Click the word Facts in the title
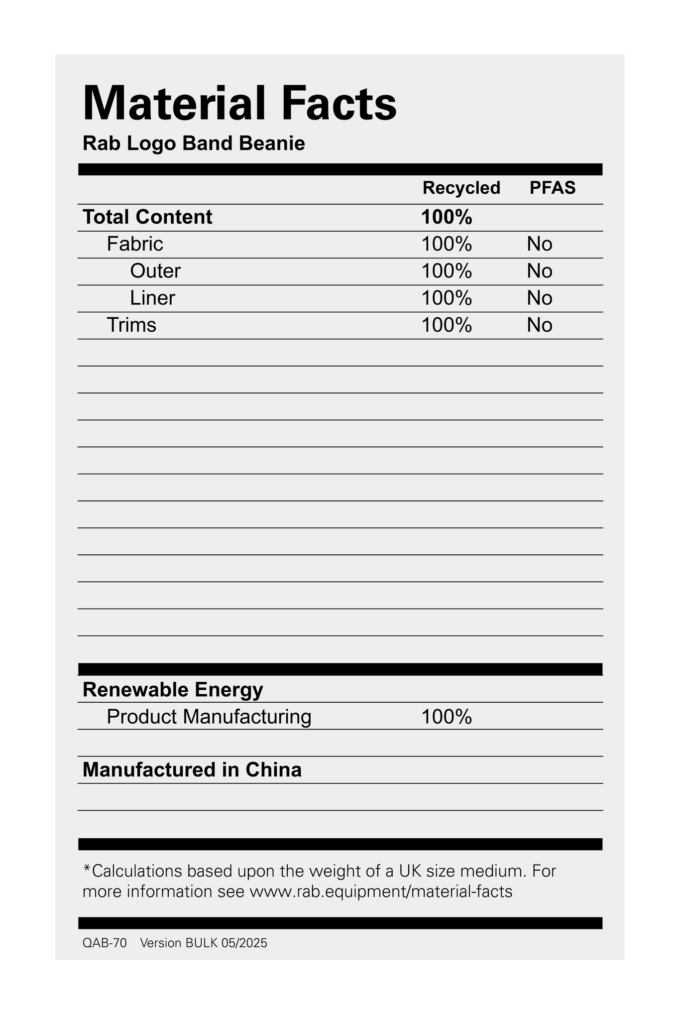[x=337, y=104]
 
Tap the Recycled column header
[x=461, y=188]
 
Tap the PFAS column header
[x=552, y=188]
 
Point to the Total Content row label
[x=147, y=217]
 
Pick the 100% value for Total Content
[x=447, y=217]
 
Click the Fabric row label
[x=135, y=244]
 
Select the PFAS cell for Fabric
[x=540, y=244]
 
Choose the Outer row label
[x=155, y=271]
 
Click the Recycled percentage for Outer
[x=447, y=271]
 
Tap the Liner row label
[x=152, y=298]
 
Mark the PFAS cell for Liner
[x=540, y=298]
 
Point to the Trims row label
[x=131, y=325]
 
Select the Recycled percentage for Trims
[x=447, y=325]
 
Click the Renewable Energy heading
[x=173, y=690]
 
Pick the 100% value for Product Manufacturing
[x=447, y=717]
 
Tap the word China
[x=273, y=770]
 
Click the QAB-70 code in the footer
[x=105, y=943]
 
